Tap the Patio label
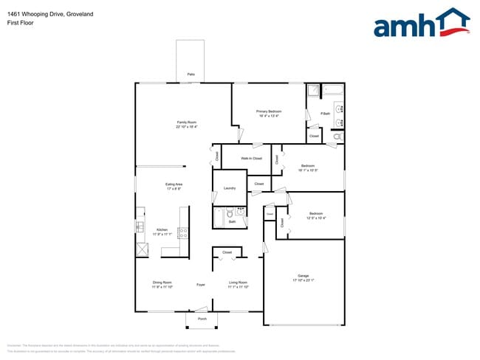(x=191, y=75)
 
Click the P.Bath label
(x=325, y=113)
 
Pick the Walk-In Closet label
(x=252, y=159)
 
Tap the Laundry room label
(x=229, y=188)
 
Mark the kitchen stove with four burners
(x=182, y=235)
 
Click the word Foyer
(x=200, y=284)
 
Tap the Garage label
(x=304, y=276)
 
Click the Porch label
(x=202, y=319)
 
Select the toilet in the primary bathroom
(x=338, y=137)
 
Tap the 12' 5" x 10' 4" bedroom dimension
(x=317, y=218)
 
